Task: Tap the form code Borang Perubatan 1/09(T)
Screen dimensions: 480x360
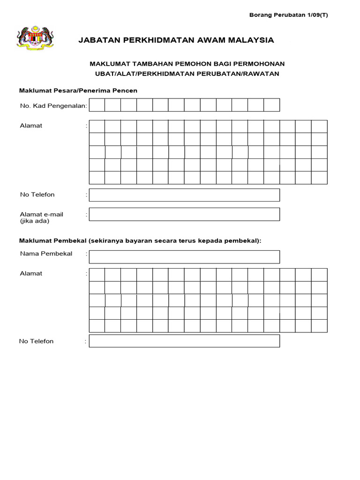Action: [x=288, y=15]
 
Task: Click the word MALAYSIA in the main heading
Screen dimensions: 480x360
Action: [x=251, y=40]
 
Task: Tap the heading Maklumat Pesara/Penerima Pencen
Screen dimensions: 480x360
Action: [x=78, y=90]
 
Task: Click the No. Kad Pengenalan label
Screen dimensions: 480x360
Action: [x=53, y=106]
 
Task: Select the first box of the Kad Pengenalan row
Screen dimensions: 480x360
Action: [x=97, y=105]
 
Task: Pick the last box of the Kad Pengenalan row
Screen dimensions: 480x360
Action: [x=272, y=105]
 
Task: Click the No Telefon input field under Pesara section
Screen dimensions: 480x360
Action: [x=184, y=195]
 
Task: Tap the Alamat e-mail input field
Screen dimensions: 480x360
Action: [x=184, y=214]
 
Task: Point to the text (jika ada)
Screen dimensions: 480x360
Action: [x=34, y=221]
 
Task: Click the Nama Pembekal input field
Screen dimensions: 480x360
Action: [x=184, y=257]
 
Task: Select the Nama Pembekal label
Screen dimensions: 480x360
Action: [x=46, y=254]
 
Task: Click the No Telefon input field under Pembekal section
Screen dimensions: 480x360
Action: [x=184, y=341]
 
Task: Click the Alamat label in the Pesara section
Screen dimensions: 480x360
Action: [x=31, y=126]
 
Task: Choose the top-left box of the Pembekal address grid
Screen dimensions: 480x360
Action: [x=97, y=275]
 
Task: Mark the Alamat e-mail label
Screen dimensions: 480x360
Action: [x=41, y=214]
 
